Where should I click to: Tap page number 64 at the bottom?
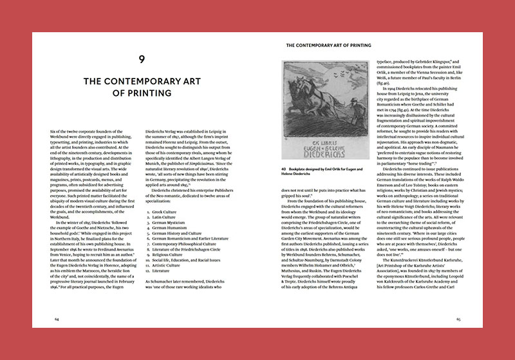57,318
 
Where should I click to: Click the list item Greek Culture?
165,211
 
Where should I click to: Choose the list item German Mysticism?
169,223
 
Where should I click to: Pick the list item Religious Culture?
168,255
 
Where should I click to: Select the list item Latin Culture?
165,217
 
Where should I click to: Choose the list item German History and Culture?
176,233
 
